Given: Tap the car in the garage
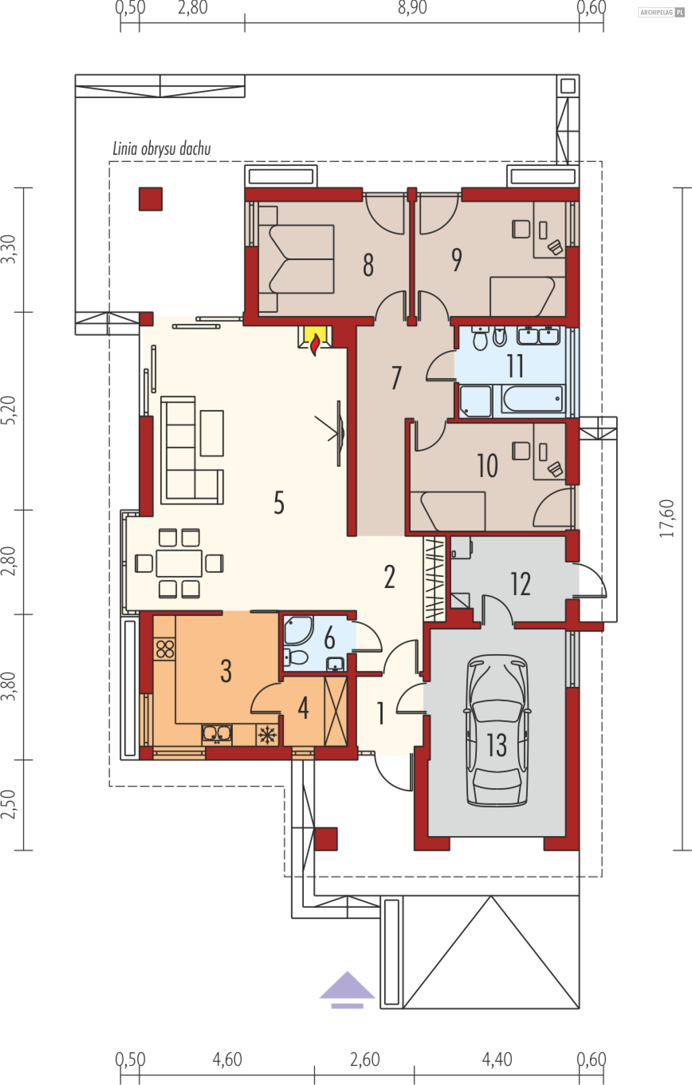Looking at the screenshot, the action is (497, 730).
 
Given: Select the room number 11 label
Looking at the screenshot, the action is (515, 365).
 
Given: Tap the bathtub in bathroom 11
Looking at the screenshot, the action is (532, 399).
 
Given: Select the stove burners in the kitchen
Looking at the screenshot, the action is (165, 649).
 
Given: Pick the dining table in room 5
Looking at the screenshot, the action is (179, 563).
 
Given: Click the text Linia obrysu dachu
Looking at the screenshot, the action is (161, 149).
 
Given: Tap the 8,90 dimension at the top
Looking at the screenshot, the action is (412, 8).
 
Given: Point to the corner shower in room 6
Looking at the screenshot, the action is (298, 631).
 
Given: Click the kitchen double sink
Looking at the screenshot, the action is (217, 734).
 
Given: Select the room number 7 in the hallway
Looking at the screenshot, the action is (396, 378).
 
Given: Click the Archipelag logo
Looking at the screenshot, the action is (661, 13).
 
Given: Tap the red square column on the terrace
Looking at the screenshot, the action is (150, 199).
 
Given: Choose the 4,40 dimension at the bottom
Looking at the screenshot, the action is (497, 1059).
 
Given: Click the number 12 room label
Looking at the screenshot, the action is (520, 584).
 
